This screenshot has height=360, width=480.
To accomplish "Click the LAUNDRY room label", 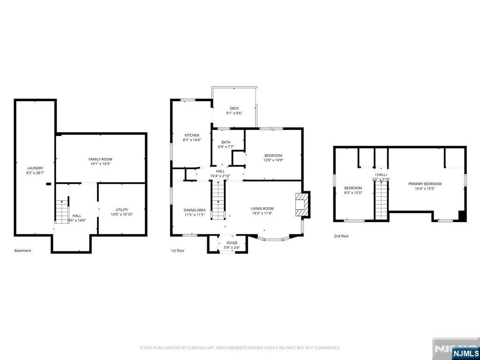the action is tap(35, 168).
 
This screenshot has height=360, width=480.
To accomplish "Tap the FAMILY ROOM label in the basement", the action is tap(100, 159).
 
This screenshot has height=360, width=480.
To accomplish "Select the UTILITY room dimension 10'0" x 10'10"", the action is tap(122, 215).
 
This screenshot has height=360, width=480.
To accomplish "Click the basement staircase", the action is tap(62, 211).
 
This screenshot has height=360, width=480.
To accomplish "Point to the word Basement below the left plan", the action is tap(22, 250).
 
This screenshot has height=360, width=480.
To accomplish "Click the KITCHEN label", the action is tap(192, 135).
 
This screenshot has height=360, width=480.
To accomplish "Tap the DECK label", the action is tap(234, 108).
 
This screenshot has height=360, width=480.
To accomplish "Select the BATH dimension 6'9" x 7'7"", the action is tap(226, 147).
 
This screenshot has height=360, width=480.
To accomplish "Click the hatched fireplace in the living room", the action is tap(300, 204).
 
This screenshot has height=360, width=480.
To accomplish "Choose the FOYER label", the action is tap(232, 243).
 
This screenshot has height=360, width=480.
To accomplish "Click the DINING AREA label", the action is tap(195, 210).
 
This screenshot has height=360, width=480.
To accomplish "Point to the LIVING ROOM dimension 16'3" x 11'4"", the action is tap(262, 213).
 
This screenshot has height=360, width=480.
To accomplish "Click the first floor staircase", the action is tap(218, 200).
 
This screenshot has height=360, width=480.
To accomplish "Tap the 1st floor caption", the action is tap(178, 250).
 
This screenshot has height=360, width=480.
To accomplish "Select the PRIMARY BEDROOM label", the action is tap(425, 184).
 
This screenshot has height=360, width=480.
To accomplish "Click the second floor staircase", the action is tap(382, 200).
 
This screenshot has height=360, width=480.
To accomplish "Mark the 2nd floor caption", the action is tap(341, 236).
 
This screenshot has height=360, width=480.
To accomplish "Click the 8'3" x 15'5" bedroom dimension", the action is tap(353, 193).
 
